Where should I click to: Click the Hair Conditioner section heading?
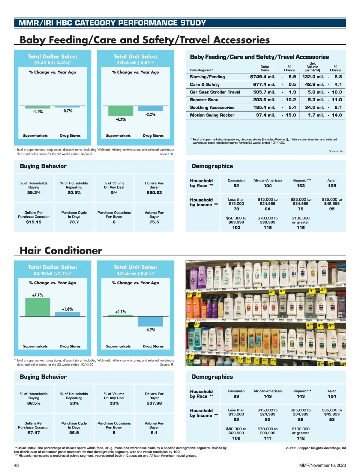pos(61,250)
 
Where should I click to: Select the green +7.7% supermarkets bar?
pos(38,307)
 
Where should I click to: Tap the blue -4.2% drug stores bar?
pos(150,321)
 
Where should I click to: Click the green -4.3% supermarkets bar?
pos(121,111)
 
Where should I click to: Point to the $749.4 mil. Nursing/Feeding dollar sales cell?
pos(262,77)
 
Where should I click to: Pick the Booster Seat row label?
pos(204,100)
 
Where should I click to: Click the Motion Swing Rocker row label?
pos(212,115)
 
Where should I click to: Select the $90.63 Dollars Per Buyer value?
pos(154,192)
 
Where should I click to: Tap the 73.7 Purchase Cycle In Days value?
pos(74,222)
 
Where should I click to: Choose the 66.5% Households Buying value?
pos(34,403)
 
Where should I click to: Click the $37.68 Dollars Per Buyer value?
pos(154,403)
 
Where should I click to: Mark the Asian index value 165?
pos(332,186)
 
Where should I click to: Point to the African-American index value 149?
pos(268,396)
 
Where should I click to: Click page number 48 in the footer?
pos(16,465)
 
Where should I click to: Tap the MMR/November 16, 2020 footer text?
pos(322,465)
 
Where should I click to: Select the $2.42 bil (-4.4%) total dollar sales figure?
pos(52,63)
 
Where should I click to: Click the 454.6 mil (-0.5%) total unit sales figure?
pos(136,273)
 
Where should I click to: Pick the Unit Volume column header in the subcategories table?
pos(313,67)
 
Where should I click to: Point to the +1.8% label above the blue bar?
pos(67,309)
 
